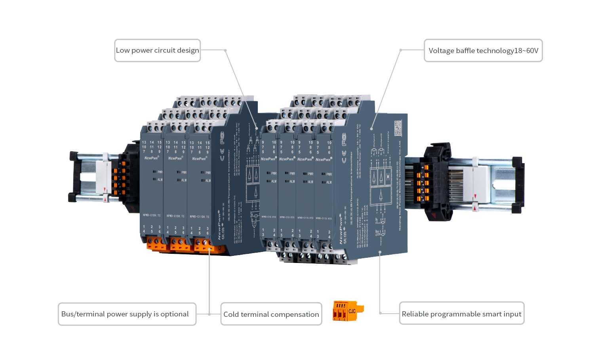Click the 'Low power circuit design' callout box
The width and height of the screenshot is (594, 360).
157,50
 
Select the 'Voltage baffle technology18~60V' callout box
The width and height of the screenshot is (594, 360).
483,50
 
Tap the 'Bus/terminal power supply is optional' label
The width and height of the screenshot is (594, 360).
127,314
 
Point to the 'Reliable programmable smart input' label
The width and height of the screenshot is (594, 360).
461,314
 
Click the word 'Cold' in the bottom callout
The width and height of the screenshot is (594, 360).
231,314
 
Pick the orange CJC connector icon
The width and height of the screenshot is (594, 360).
347,311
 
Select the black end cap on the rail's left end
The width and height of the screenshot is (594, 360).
73,176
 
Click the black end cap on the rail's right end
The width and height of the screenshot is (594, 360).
519,184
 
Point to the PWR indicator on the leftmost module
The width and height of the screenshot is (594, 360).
158,172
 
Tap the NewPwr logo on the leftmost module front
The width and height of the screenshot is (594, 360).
151,158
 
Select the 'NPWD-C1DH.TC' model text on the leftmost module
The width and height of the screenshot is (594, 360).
152,215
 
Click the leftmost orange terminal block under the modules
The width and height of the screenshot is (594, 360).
156,244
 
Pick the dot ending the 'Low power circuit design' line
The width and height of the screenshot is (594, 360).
225,50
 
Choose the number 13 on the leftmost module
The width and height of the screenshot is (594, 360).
144,142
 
